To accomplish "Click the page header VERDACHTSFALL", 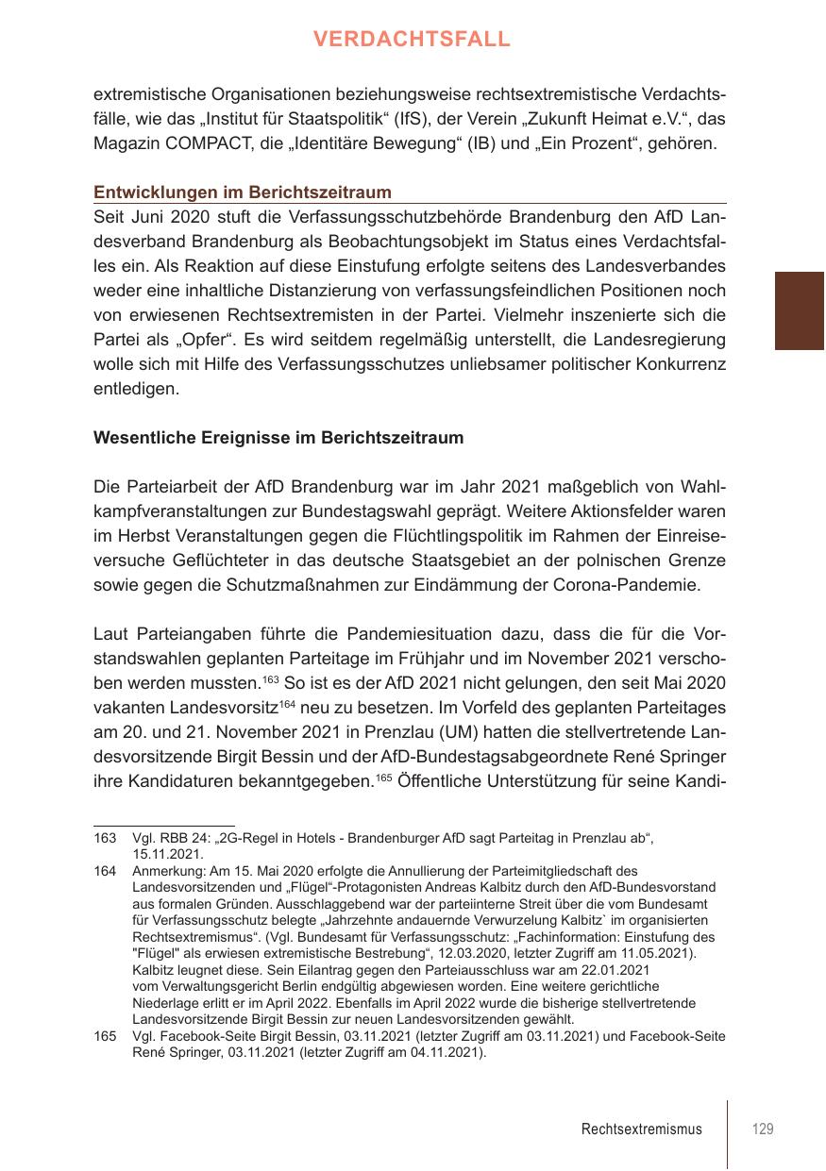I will click(x=412, y=39).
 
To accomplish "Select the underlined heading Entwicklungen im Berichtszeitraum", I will click(x=242, y=192).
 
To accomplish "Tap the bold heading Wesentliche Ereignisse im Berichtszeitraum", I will click(x=278, y=438).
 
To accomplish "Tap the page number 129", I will click(x=763, y=1129).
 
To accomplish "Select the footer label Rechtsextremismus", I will click(x=642, y=1129).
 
